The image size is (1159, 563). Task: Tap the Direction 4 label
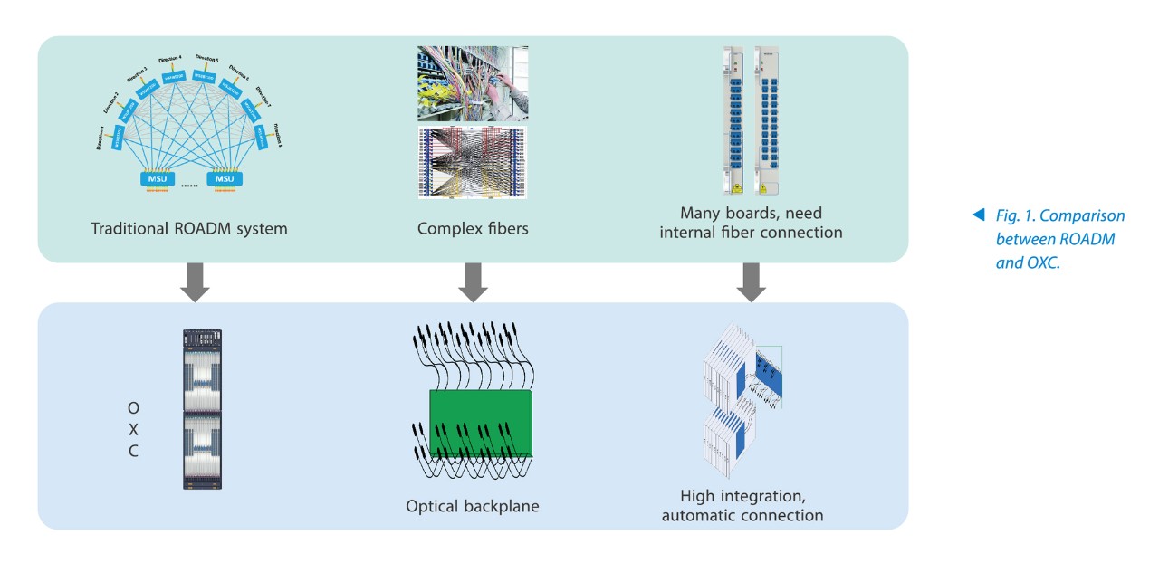(x=169, y=60)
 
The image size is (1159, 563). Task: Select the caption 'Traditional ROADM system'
(x=189, y=229)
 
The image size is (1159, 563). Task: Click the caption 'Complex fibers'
(x=473, y=229)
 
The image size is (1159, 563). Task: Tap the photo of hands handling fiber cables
(x=471, y=84)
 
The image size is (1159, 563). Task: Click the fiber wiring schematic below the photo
(x=471, y=163)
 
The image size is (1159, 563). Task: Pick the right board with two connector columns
(x=768, y=119)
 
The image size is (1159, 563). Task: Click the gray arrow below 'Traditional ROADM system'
(x=195, y=281)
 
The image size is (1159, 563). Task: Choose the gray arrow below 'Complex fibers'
(x=473, y=281)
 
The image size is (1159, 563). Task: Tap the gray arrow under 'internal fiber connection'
(x=751, y=281)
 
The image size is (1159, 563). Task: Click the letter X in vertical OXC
(x=133, y=429)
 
